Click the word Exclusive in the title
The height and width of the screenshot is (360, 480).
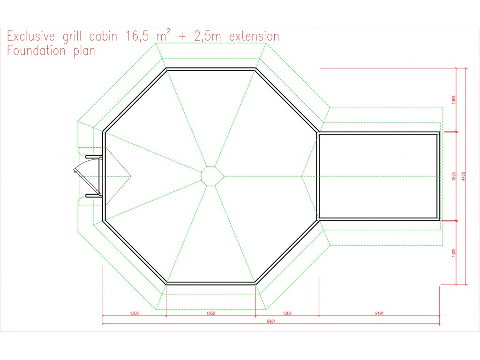coord(31,37)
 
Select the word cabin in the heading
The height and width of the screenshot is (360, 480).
coord(103,37)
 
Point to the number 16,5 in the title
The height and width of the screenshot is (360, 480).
coord(137,37)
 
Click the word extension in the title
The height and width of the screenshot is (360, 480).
coord(254,37)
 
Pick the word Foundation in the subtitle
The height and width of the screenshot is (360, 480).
coord(36,51)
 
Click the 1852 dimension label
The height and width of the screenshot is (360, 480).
coord(210,313)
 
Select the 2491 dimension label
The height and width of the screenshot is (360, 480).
coord(379,313)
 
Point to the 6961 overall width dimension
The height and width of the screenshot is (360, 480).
coord(271,321)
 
